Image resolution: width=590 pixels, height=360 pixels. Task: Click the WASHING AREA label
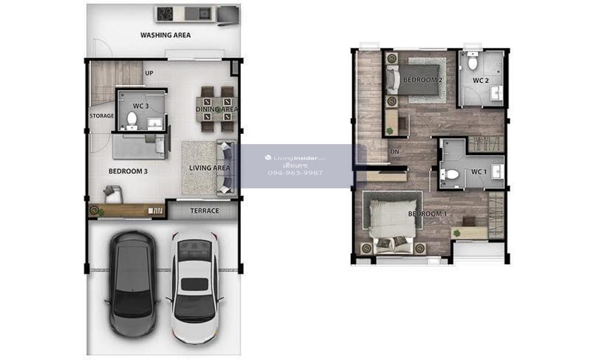pos(165,35)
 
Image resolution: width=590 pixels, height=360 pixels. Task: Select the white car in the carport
pos(195,287)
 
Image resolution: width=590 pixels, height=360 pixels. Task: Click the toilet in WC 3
pos(131,120)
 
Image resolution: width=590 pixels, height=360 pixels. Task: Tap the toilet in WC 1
pos(451,174)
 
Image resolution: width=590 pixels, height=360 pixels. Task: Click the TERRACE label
pos(205,211)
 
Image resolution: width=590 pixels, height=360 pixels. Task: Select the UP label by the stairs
pos(149,73)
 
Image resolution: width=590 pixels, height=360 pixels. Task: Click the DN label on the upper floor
pos(394,151)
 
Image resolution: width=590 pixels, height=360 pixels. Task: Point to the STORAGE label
pos(102,116)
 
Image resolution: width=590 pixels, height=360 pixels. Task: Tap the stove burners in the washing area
pos(165,14)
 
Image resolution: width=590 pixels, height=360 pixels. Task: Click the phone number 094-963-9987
pos(295,173)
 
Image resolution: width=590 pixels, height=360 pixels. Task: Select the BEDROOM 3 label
pos(128,171)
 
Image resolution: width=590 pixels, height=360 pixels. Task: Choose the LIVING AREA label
pos(209,168)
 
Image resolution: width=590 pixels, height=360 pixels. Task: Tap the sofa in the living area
pos(226,168)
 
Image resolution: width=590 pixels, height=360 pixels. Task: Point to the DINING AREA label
pos(217,109)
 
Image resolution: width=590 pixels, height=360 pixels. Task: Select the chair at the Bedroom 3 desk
pos(113,194)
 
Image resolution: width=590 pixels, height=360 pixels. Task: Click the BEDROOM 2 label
pos(423,80)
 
